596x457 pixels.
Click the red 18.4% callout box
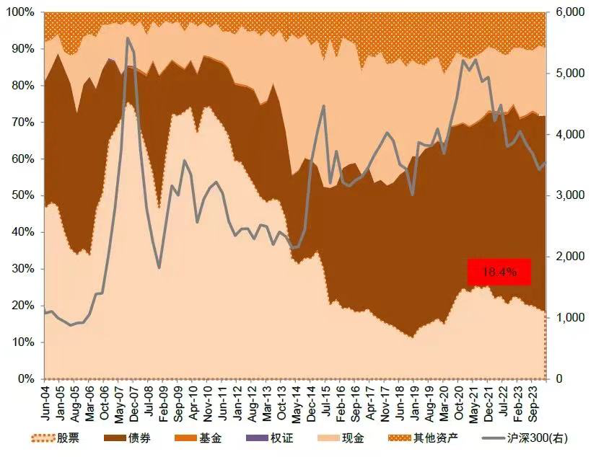(x=499, y=272)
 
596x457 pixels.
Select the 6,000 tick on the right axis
(x=569, y=12)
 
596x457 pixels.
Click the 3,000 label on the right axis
(x=569, y=195)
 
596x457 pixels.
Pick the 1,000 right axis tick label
(x=569, y=317)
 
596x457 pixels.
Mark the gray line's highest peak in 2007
(x=127, y=38)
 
